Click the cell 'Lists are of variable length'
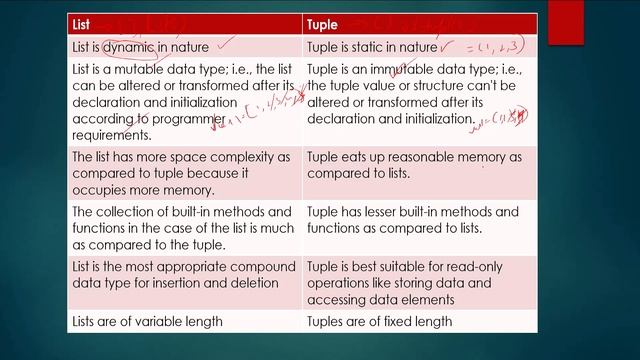point(146,321)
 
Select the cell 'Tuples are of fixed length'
point(380,321)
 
